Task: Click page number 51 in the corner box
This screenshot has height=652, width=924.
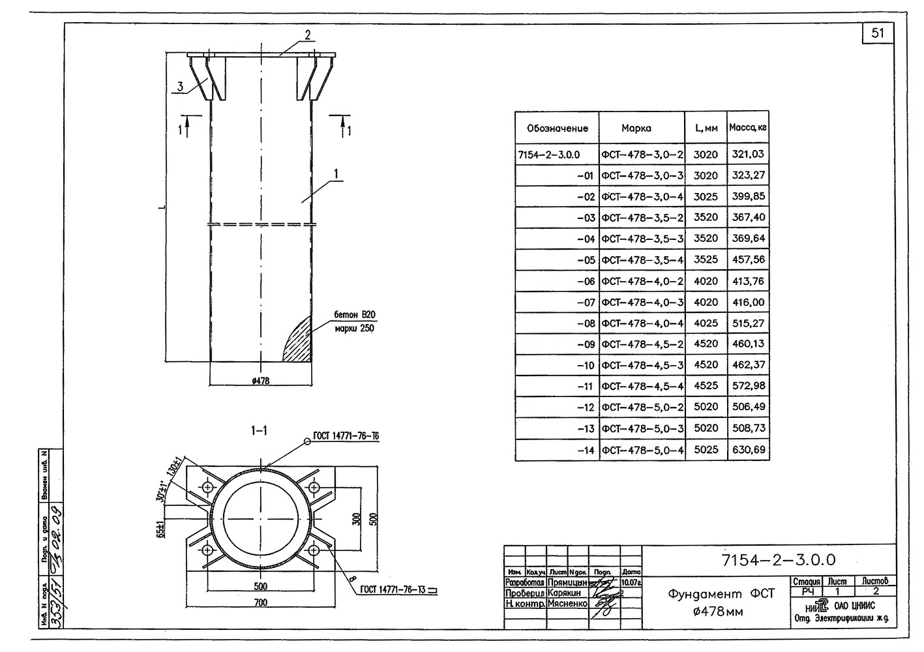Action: click(878, 33)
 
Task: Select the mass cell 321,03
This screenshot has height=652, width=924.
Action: click(748, 155)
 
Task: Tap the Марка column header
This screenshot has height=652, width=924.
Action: click(636, 128)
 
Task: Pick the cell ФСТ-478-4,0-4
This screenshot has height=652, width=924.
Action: click(642, 323)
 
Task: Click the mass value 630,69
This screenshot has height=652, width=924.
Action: click(748, 449)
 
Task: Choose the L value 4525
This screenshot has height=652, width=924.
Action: click(706, 386)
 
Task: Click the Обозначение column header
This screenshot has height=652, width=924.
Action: click(557, 128)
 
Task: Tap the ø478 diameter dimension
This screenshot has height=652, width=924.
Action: click(260, 381)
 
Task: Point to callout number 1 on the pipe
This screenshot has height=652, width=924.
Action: click(336, 174)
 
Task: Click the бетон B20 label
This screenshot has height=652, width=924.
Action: click(355, 316)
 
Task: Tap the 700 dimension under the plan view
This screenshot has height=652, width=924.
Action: click(260, 602)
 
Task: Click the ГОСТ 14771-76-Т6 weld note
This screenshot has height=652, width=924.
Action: click(346, 436)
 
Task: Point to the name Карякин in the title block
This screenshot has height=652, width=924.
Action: click(565, 593)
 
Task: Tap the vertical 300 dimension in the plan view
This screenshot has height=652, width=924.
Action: click(356, 518)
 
